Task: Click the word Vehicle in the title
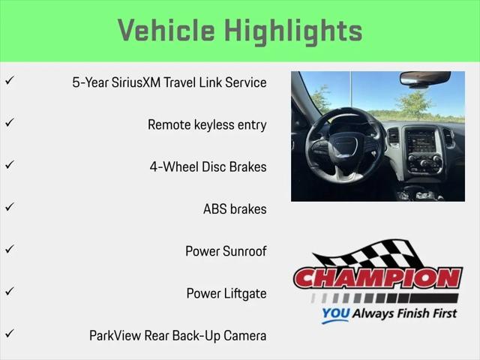pos(166,30)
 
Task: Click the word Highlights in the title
pos(294,31)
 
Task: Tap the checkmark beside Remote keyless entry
pos(10,122)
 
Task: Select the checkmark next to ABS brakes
pos(10,207)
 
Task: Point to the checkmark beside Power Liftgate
pos(10,291)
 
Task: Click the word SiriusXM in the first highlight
pos(136,82)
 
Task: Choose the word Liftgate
pos(245,294)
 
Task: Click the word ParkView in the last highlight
pos(115,335)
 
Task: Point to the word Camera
pos(245,335)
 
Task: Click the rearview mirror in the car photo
pos(425,78)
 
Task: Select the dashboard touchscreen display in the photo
pos(421,142)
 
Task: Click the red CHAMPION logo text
pos(378,278)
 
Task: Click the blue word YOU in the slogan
pos(335,313)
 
